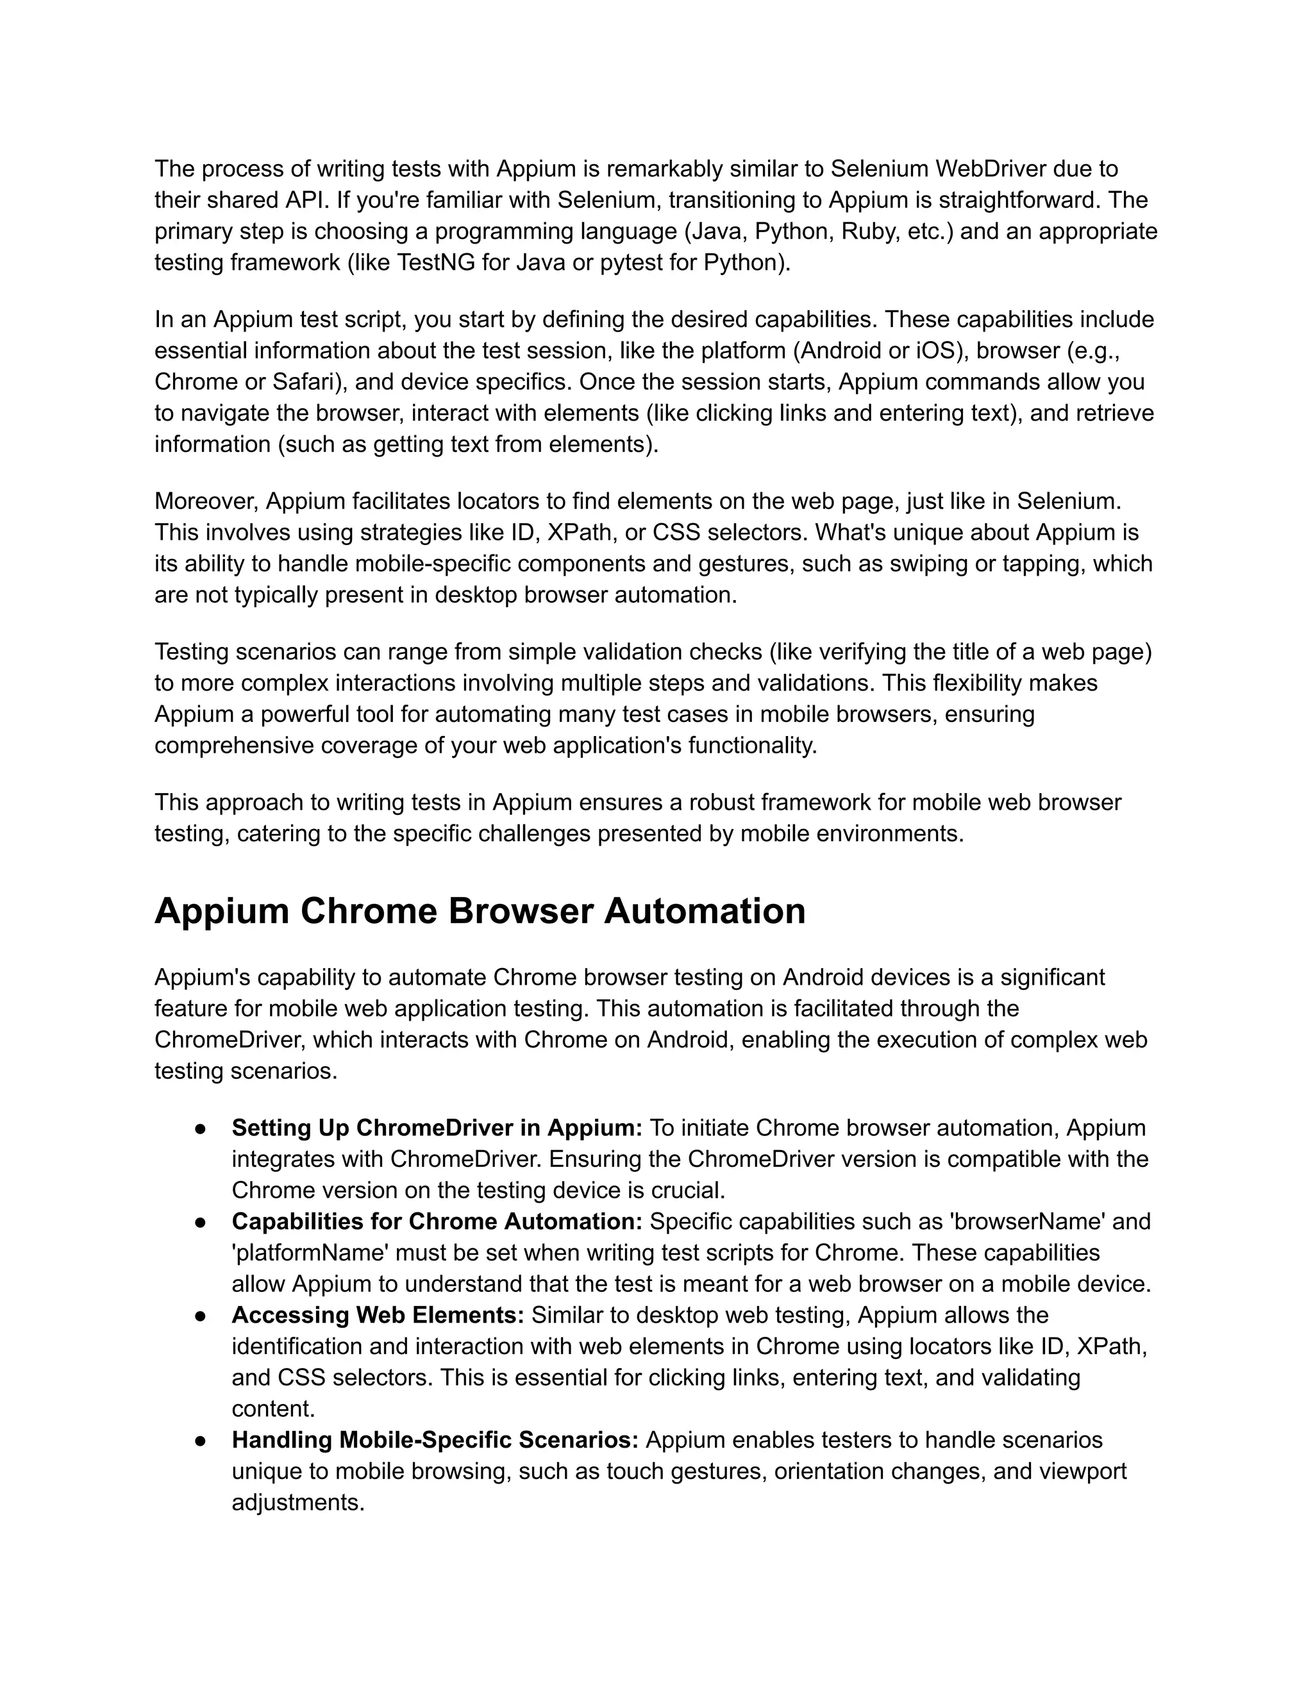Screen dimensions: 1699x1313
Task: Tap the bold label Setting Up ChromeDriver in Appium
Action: [437, 1127]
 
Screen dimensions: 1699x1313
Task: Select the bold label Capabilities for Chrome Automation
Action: [437, 1221]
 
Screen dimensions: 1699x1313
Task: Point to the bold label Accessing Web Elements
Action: [378, 1315]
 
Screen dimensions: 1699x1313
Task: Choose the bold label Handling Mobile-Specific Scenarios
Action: [435, 1439]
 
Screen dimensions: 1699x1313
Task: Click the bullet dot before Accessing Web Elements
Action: [200, 1316]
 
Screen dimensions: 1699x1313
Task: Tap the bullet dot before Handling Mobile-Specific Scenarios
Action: [200, 1440]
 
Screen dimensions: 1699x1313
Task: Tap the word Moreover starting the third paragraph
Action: [206, 500]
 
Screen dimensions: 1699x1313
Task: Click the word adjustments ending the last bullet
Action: [298, 1502]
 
